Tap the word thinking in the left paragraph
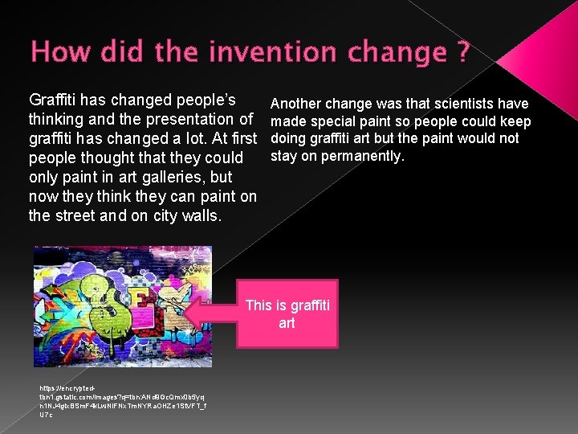tap(57, 119)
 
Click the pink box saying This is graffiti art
tap(287, 313)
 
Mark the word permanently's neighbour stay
tap(285, 156)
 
